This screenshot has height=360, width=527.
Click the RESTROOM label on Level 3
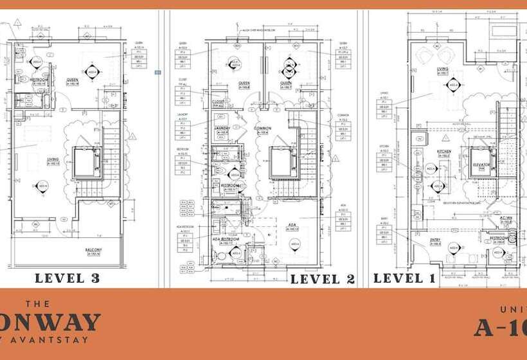click(x=41, y=80)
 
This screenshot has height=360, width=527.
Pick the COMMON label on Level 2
click(x=262, y=128)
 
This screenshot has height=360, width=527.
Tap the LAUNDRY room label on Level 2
click(x=222, y=128)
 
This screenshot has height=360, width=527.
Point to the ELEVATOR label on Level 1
click(x=482, y=165)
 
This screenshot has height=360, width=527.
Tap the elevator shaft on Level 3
click(x=86, y=163)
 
